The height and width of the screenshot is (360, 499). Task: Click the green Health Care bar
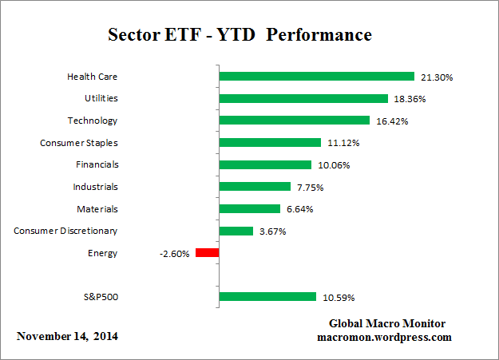click(x=317, y=77)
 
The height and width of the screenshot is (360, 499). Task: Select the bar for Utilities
click(x=303, y=99)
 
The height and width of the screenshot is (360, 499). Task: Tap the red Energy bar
click(x=207, y=253)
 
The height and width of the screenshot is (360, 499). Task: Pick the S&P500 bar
click(x=267, y=297)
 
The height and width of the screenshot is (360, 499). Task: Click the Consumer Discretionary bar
click(x=236, y=231)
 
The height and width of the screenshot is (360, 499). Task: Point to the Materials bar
click(x=250, y=209)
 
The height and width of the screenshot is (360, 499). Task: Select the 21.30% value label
click(x=435, y=77)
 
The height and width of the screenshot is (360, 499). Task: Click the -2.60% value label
click(x=175, y=253)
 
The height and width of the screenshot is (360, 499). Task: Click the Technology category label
click(x=93, y=121)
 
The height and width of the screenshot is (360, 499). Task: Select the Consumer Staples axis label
click(x=78, y=143)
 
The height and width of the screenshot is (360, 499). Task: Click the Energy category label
click(x=102, y=253)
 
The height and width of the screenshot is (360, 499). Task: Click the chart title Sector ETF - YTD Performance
click(x=240, y=36)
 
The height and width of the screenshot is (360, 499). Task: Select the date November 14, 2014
click(x=68, y=336)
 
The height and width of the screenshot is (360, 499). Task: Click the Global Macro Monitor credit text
click(x=387, y=323)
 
